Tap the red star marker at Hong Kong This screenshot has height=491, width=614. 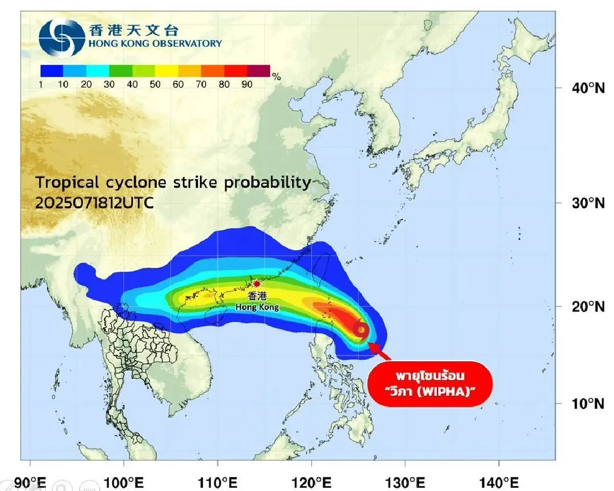pos(257,284)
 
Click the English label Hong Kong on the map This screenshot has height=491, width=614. pos(257,307)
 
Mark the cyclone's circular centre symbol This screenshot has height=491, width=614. pos(361,330)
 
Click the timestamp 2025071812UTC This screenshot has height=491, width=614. pos(94,203)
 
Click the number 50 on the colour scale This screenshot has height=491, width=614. pos(155,85)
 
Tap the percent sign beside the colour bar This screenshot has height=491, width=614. pos(276,77)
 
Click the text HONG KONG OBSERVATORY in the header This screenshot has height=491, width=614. pos(155,43)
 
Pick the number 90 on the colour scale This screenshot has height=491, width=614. pos(247,85)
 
